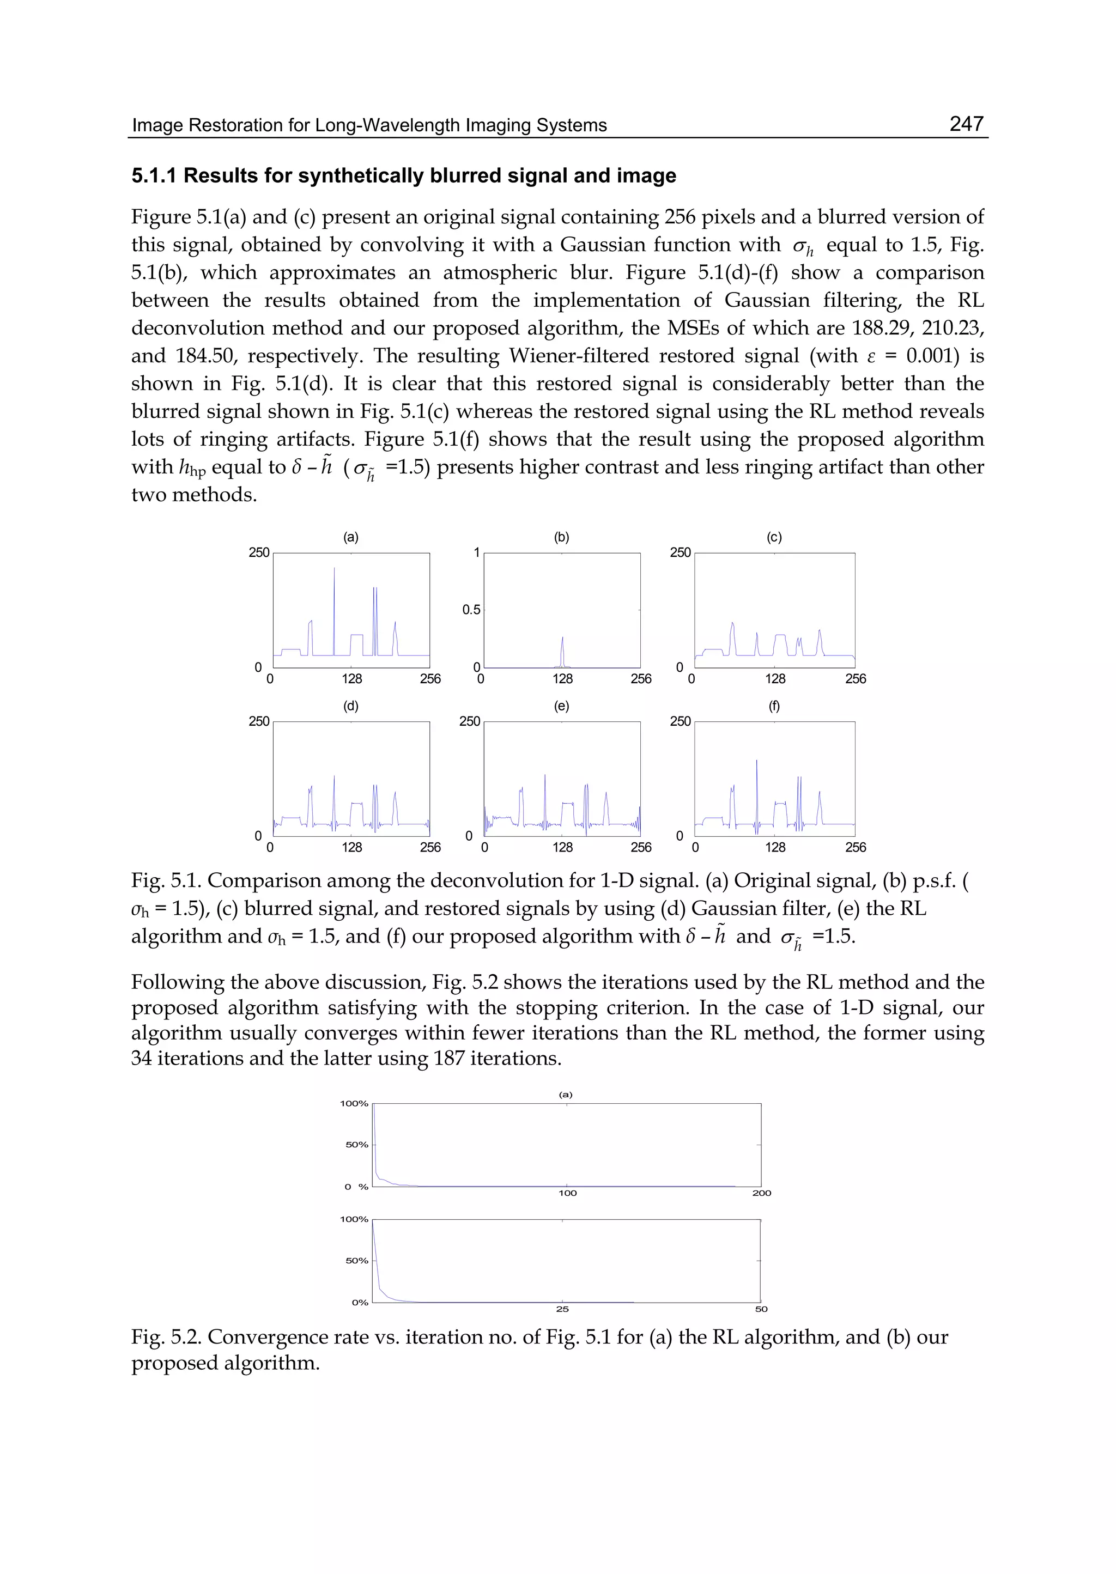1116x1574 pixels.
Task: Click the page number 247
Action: click(x=966, y=124)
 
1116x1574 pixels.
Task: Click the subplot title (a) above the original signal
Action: click(x=350, y=537)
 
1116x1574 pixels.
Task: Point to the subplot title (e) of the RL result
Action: click(x=561, y=706)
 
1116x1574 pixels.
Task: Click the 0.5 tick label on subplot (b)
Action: click(x=471, y=610)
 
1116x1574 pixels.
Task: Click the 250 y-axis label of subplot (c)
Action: click(x=680, y=552)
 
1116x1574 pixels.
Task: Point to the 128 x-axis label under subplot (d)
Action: click(x=352, y=847)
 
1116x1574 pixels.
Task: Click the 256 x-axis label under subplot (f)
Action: click(x=856, y=847)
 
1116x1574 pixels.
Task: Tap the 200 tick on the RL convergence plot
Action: click(x=761, y=1193)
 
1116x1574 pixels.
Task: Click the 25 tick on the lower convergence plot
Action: click(x=562, y=1310)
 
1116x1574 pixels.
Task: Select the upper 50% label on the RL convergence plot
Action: click(x=357, y=1145)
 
